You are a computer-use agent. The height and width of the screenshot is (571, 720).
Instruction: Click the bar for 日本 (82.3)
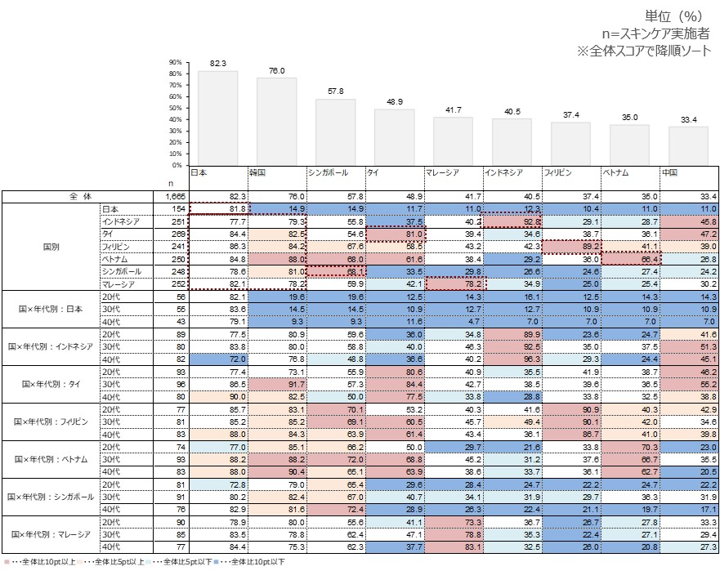(x=218, y=118)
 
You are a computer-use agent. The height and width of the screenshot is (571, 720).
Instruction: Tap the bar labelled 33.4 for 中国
(x=688, y=145)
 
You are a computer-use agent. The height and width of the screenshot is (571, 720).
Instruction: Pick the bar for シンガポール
(x=336, y=132)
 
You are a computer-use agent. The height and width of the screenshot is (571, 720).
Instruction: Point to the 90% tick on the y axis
(x=175, y=62)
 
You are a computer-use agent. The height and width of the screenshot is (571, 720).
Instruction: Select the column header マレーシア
(x=441, y=173)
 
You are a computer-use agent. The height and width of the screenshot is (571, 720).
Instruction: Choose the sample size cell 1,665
(x=174, y=197)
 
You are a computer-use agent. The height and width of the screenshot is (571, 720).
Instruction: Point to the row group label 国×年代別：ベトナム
(x=51, y=459)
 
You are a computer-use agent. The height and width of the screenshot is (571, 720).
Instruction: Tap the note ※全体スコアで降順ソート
(x=646, y=51)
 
